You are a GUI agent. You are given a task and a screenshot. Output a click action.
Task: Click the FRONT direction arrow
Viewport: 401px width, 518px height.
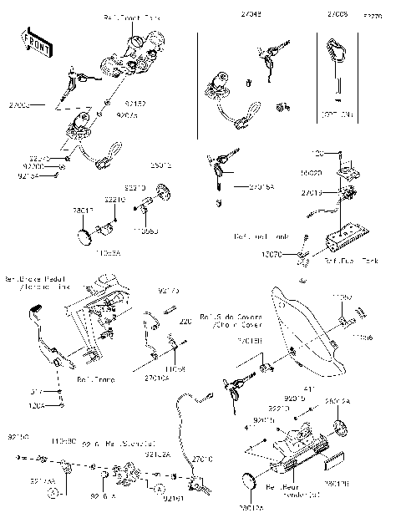coord(35,47)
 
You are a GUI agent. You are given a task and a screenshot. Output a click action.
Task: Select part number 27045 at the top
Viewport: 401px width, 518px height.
coord(251,14)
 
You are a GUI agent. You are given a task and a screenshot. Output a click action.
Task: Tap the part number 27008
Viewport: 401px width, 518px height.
coord(337,14)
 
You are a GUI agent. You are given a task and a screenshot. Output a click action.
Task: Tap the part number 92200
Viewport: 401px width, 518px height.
coord(32,166)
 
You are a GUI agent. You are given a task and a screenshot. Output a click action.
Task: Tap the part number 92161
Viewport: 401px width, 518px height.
coord(173,499)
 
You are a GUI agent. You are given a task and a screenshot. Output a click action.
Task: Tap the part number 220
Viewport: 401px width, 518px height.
coord(185,321)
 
